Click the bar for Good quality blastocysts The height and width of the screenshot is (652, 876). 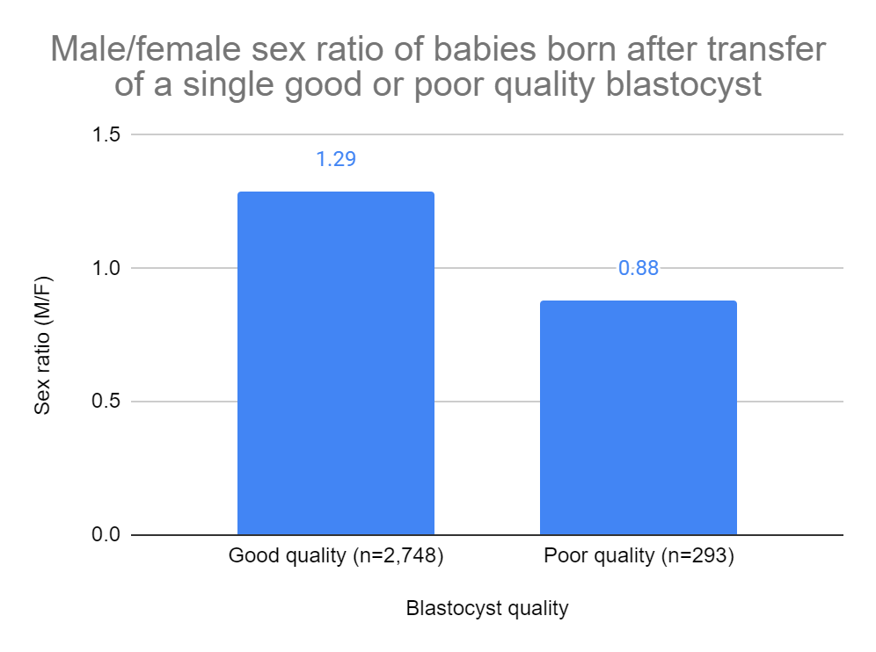click(335, 363)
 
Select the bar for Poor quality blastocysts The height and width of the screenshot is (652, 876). click(638, 417)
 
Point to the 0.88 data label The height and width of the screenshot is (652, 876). click(638, 268)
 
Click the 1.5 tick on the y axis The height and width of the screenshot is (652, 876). click(109, 134)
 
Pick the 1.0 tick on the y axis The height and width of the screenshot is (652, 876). click(109, 268)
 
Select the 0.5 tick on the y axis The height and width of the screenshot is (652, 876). click(109, 402)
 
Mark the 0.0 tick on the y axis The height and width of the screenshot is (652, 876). click(109, 535)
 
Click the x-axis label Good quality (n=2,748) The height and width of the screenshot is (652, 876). click(335, 557)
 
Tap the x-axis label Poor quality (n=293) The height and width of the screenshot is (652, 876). click(639, 557)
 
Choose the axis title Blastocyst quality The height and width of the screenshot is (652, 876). click(486, 608)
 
